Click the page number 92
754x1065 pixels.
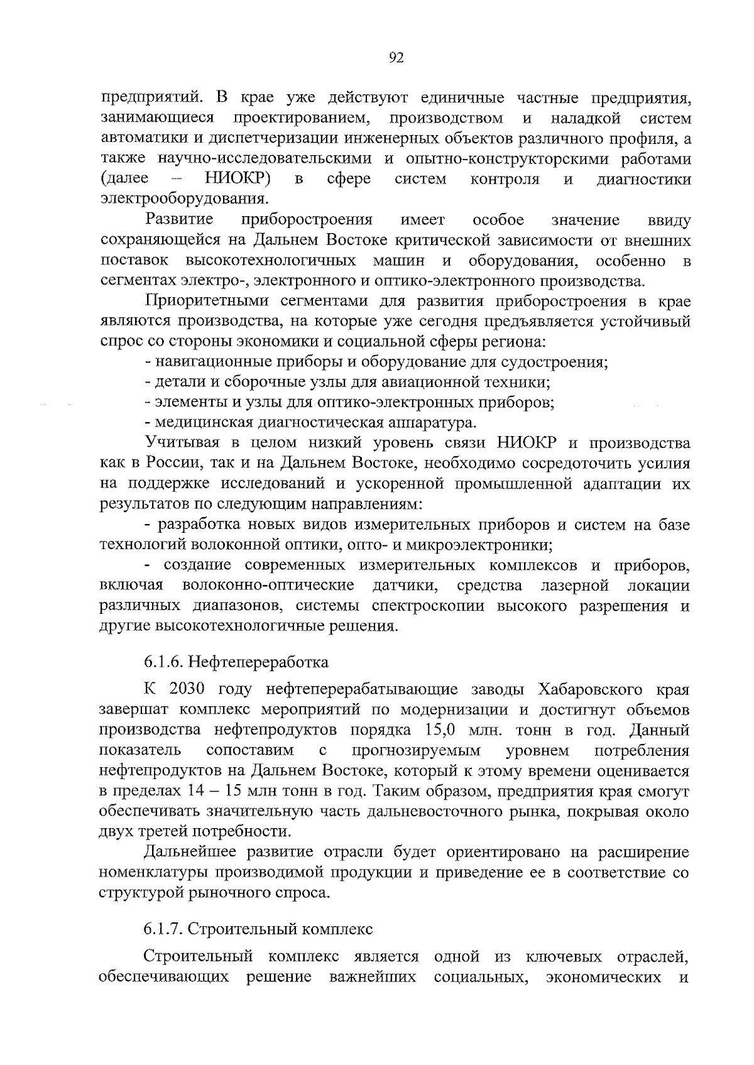pos(396,58)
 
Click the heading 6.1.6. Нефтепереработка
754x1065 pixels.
pos(236,662)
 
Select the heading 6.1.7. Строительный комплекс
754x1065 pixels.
pos(258,928)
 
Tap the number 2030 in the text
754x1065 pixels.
pos(188,689)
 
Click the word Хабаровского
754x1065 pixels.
pos(593,689)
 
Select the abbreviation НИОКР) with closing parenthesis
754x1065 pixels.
pos(238,179)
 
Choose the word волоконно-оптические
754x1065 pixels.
pos(268,586)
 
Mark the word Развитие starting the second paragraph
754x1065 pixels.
pos(179,220)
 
